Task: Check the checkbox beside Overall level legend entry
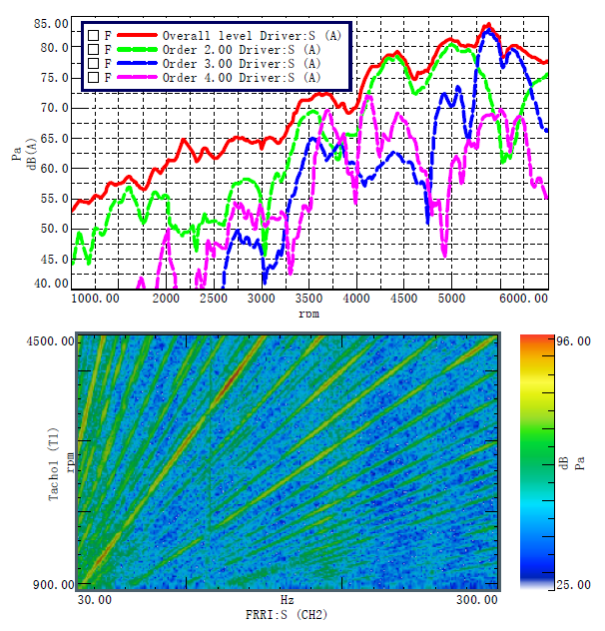[93, 36]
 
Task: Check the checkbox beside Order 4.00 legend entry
[93, 77]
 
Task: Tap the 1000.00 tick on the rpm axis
[96, 298]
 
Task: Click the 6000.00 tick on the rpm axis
[524, 298]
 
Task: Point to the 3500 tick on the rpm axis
[309, 298]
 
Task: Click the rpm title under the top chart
[309, 314]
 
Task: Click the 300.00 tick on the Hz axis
[476, 599]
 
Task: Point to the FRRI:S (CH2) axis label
[287, 614]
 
